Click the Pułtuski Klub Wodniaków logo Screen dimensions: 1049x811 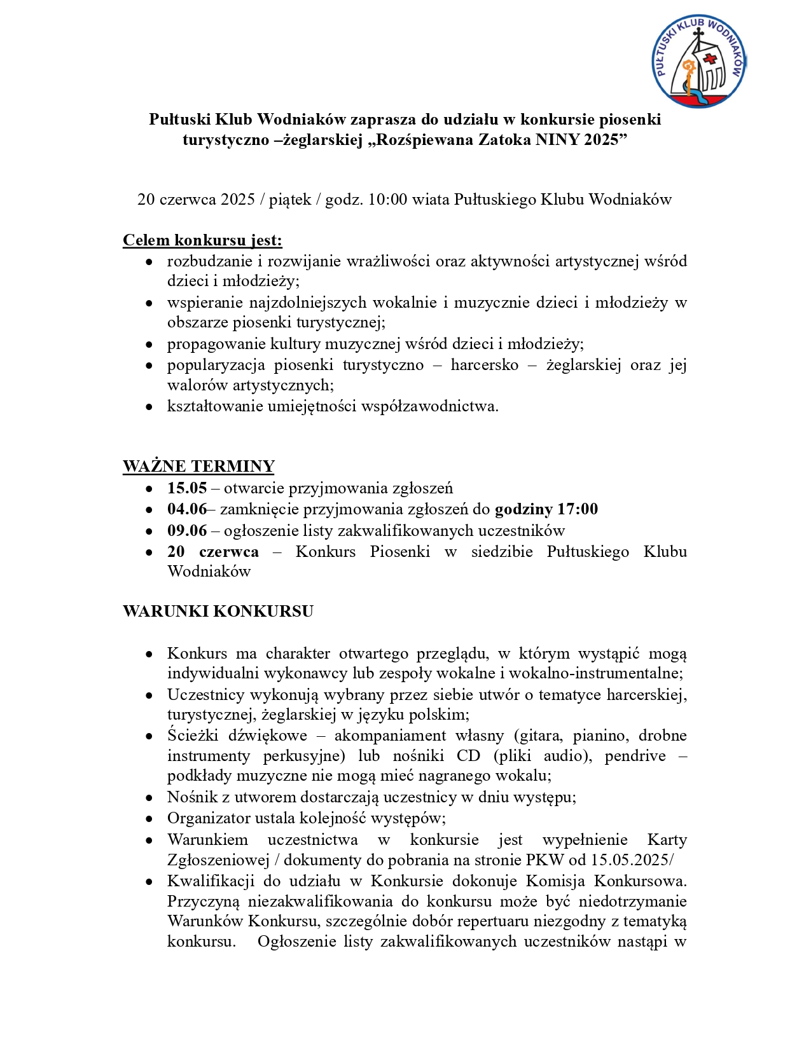pos(698,61)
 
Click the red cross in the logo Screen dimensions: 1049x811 pos(710,59)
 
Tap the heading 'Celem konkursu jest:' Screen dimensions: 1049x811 pos(202,240)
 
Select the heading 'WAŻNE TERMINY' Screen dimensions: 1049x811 pos(198,466)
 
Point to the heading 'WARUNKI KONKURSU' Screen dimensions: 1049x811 pos(218,612)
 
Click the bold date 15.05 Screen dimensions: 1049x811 pos(187,488)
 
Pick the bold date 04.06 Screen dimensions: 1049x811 pos(187,509)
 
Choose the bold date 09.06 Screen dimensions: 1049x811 pos(187,531)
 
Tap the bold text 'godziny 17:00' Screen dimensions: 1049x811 pos(546,509)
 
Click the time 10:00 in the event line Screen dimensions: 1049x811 pos(387,200)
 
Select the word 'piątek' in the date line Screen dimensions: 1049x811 pos(290,200)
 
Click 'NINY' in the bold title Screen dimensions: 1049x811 pos(557,140)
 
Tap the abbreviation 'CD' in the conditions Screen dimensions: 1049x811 pos(468,756)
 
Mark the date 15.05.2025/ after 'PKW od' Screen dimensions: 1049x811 pos(632,860)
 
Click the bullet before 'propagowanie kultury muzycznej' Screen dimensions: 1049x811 pos(149,345)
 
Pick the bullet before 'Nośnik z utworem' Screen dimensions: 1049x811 pos(149,798)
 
